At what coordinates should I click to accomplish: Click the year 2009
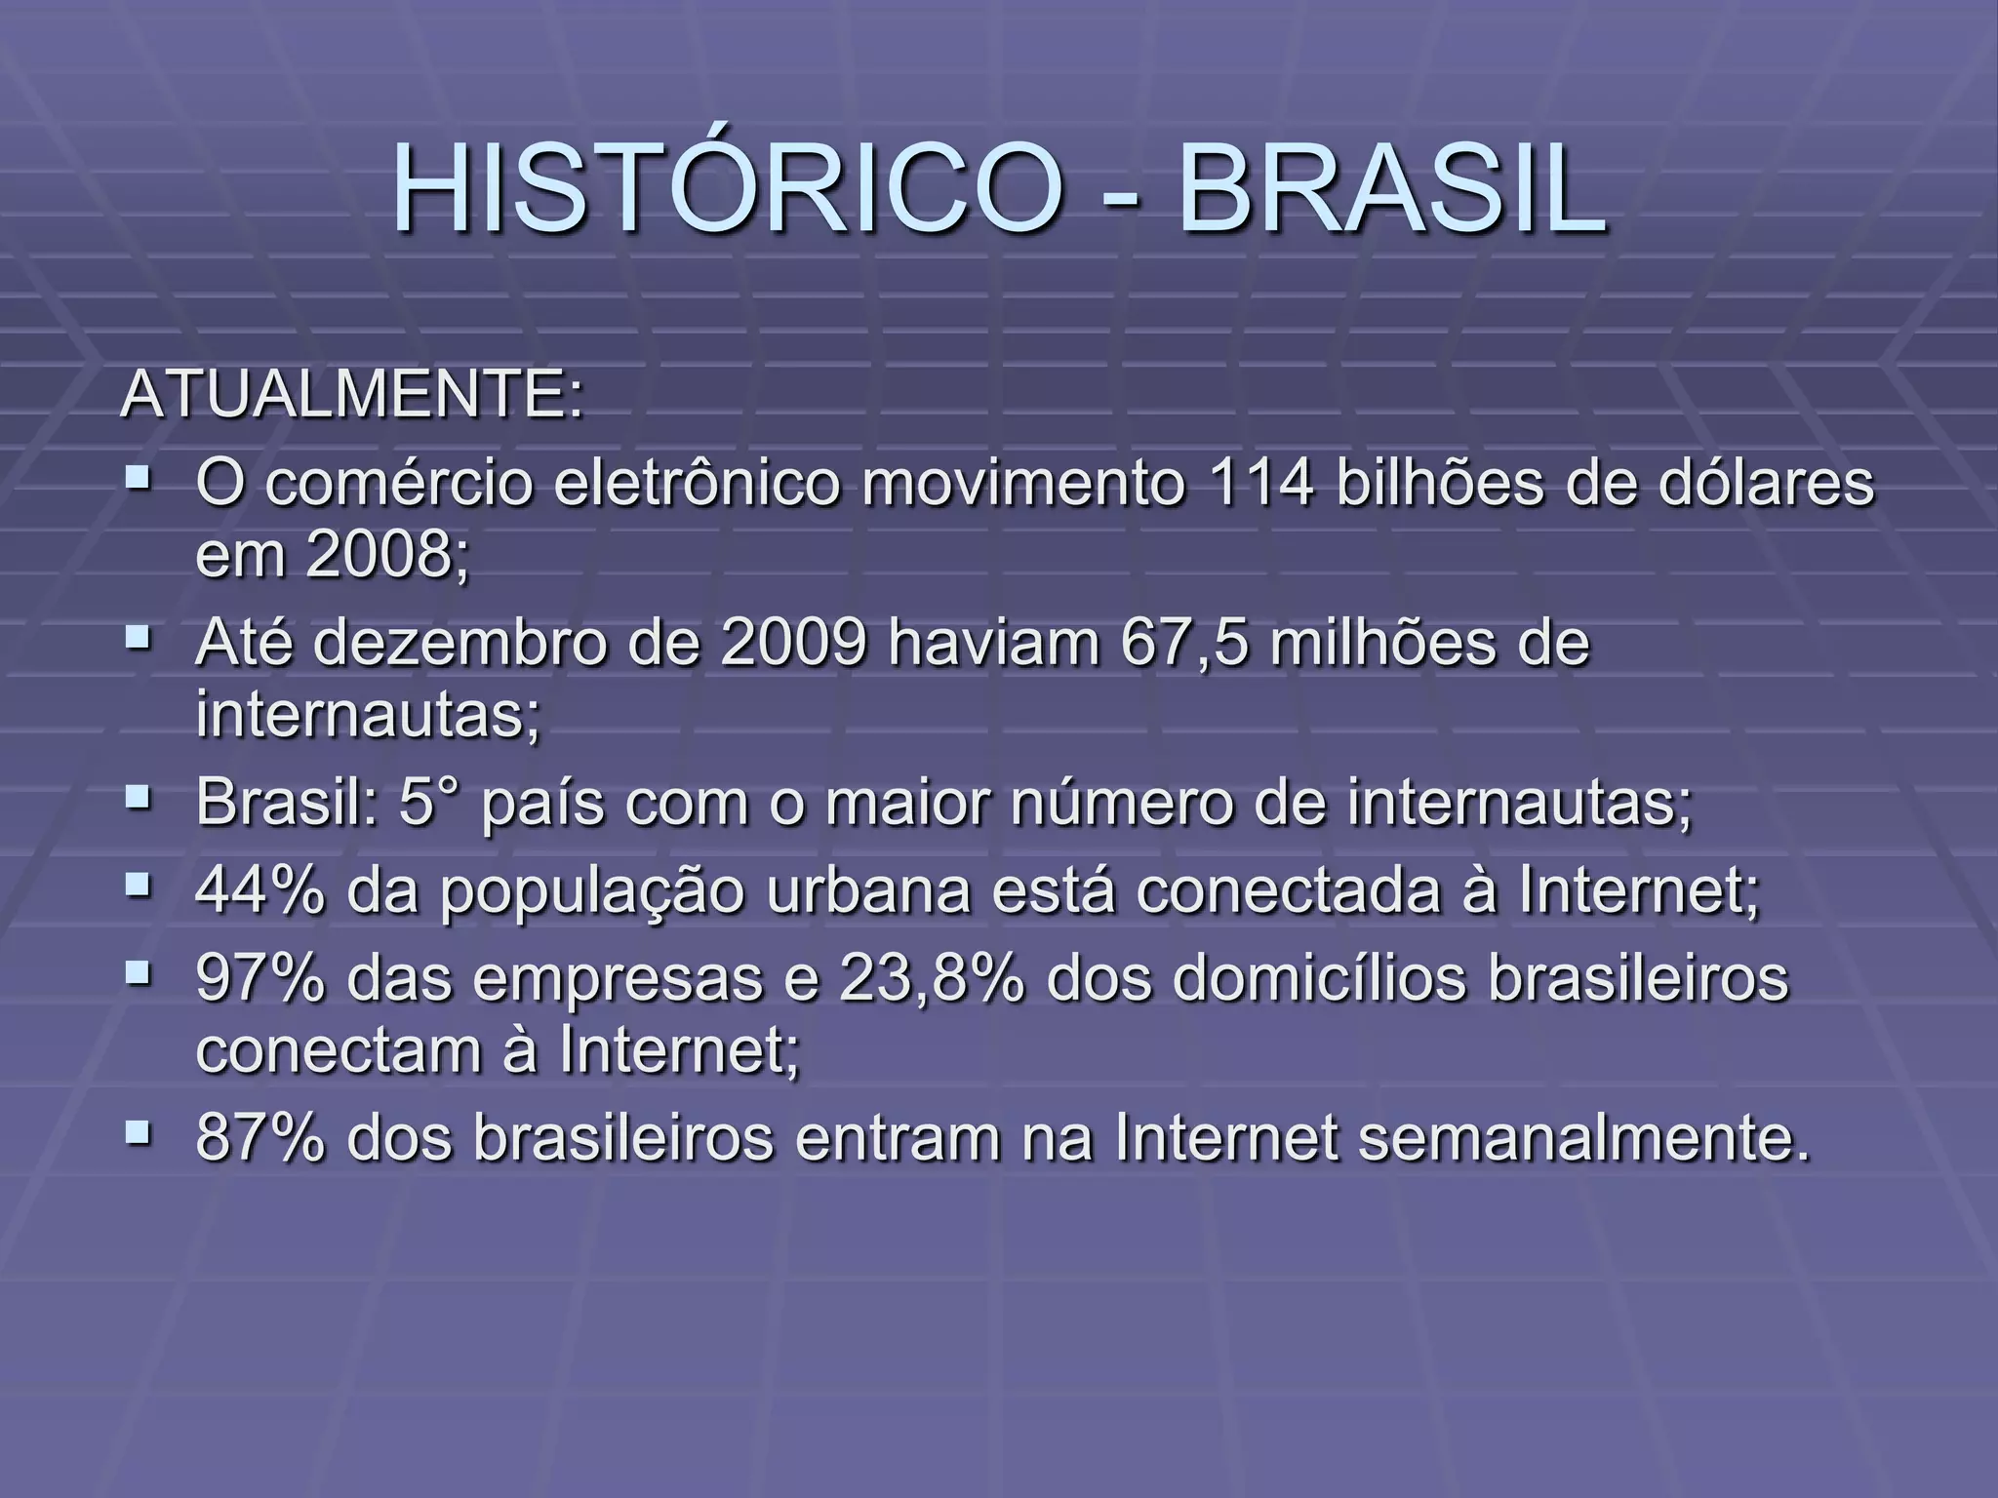(x=793, y=644)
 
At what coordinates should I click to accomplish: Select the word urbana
(x=868, y=891)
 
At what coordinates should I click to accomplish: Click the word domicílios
(x=1319, y=979)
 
